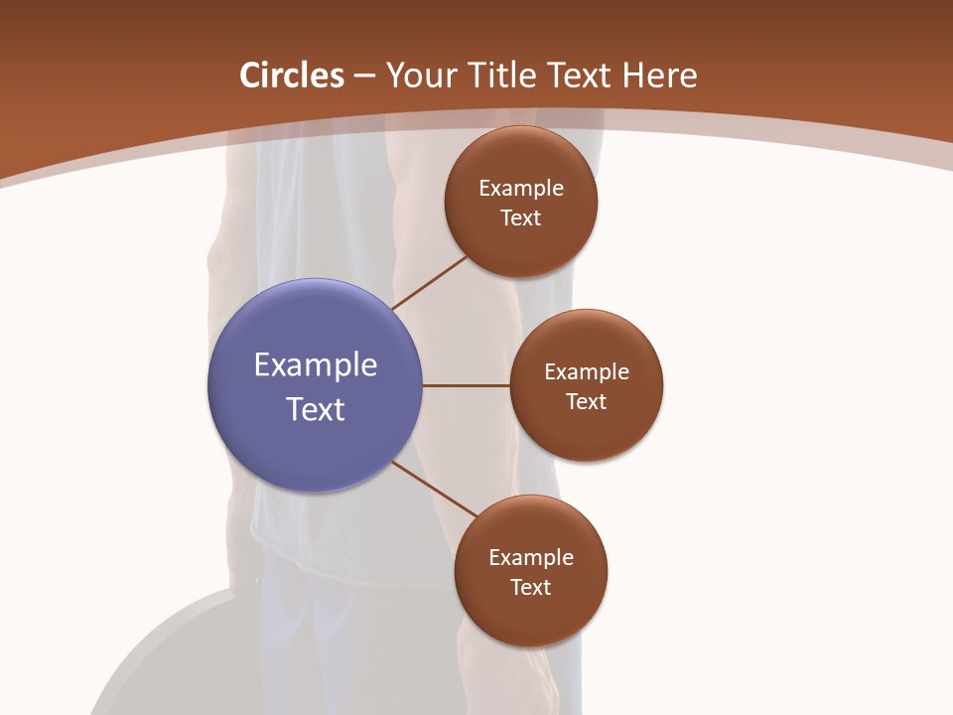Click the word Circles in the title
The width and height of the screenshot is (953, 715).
(x=292, y=75)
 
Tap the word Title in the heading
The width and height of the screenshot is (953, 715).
(x=505, y=75)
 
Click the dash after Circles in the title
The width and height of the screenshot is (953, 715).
(x=364, y=76)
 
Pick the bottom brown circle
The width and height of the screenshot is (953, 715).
(x=531, y=616)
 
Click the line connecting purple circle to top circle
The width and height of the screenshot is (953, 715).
(x=429, y=283)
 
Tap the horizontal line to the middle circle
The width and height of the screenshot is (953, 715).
(x=467, y=385)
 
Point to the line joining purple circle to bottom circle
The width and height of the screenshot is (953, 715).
(x=434, y=489)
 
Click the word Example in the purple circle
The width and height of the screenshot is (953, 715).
(x=316, y=365)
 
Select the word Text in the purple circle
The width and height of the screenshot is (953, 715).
(x=316, y=409)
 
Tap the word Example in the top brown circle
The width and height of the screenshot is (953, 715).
(x=521, y=189)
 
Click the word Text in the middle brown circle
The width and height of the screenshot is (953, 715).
(x=586, y=401)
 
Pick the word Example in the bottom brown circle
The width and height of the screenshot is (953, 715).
(x=531, y=558)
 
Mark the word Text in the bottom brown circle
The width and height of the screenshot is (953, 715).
(x=531, y=588)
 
